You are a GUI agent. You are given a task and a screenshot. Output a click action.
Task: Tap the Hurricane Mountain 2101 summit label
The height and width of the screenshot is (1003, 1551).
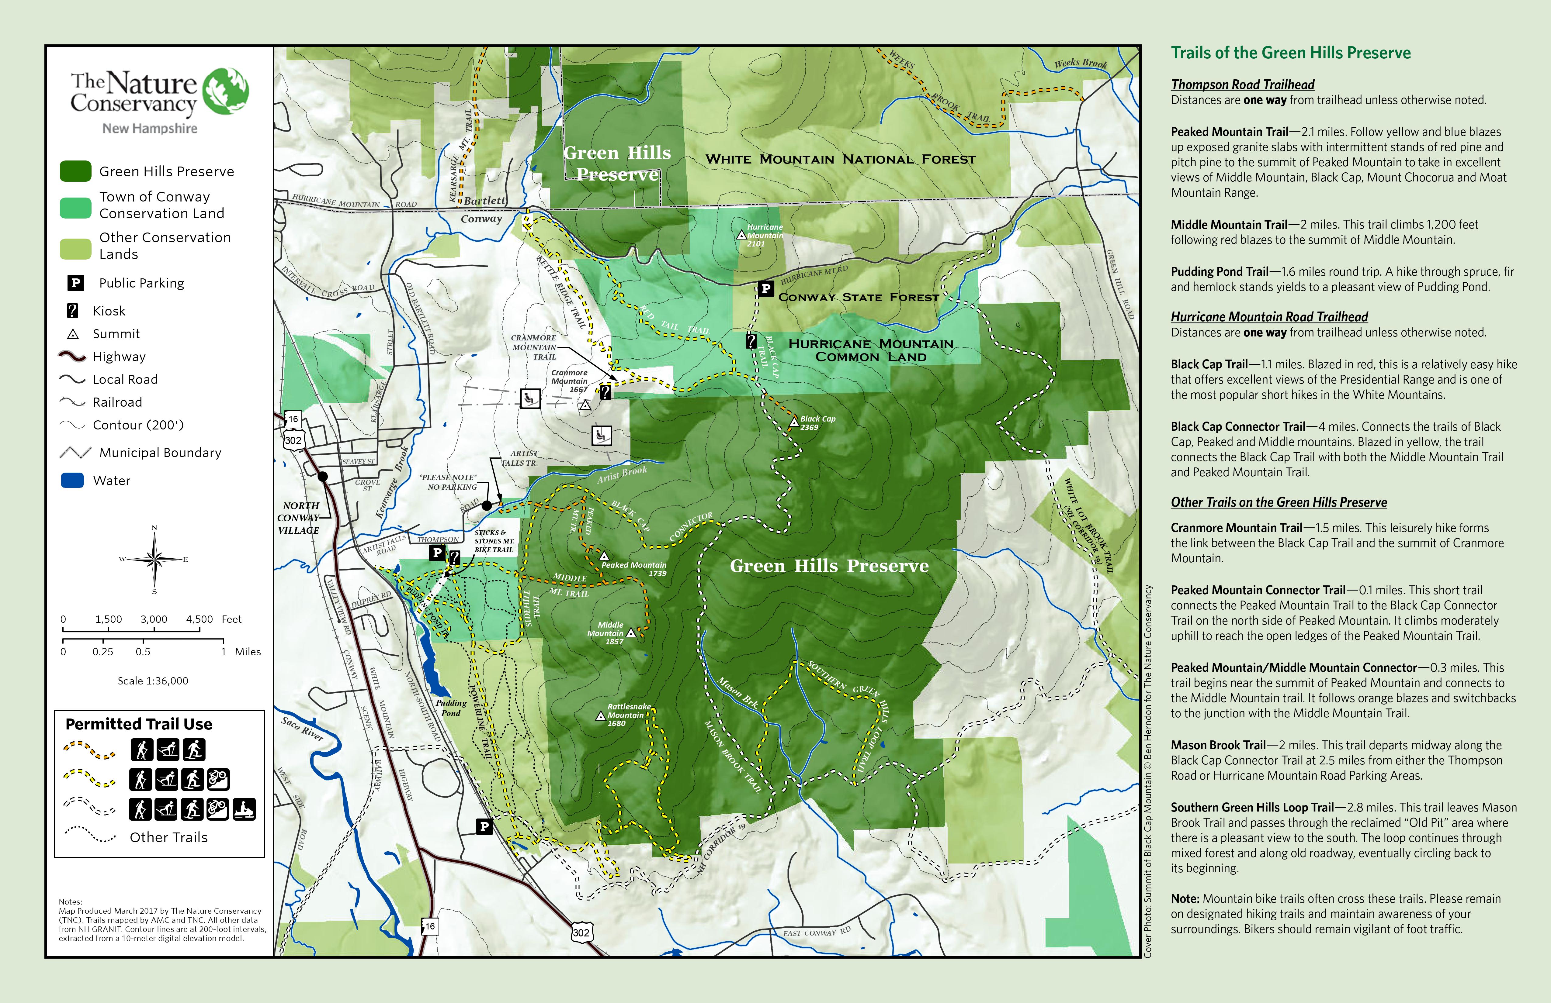point(765,235)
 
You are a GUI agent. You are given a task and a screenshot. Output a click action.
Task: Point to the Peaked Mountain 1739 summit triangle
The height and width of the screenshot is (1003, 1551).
point(604,556)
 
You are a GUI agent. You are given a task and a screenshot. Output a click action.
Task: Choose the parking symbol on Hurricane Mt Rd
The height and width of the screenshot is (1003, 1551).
point(766,288)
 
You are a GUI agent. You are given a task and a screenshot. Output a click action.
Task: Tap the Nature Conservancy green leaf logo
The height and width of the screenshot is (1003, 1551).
point(225,91)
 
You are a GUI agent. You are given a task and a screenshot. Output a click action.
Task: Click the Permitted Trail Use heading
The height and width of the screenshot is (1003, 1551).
point(139,724)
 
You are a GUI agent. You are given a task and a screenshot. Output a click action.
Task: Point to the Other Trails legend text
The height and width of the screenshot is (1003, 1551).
point(168,838)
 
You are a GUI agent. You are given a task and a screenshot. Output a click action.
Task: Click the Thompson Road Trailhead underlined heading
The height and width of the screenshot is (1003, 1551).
point(1242,85)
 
